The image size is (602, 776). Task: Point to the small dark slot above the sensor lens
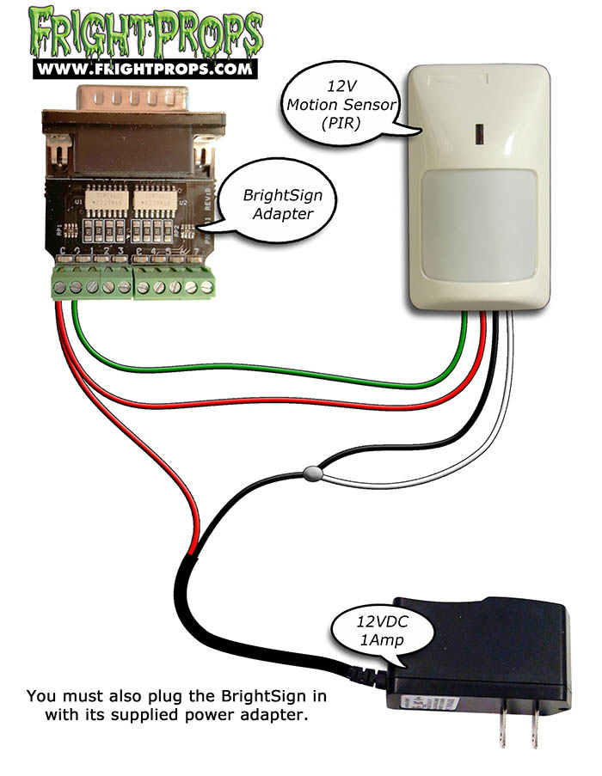tap(476, 136)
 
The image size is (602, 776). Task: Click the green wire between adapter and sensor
tap(258, 372)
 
